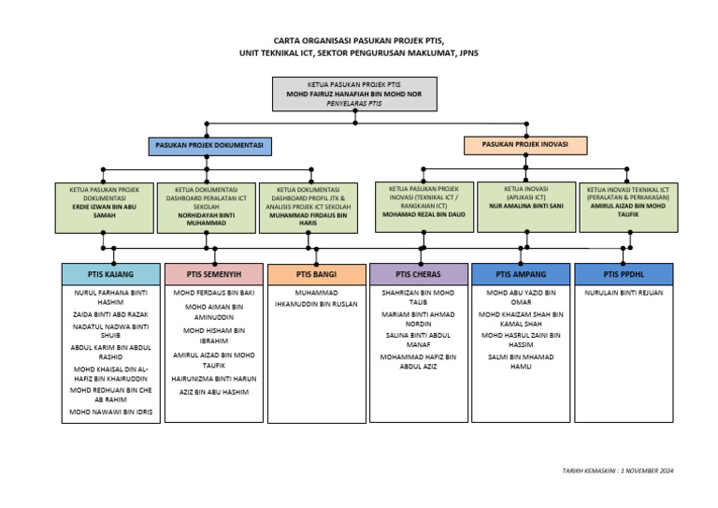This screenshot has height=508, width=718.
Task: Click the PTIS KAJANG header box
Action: pos(111,274)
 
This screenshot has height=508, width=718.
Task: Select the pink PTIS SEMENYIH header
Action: pos(214,274)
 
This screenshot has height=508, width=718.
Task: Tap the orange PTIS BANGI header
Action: pos(317,274)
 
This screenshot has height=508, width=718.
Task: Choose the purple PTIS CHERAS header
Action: pos(418,274)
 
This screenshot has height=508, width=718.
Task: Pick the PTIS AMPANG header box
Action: pos(520,274)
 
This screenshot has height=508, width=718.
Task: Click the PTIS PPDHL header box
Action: pos(623,274)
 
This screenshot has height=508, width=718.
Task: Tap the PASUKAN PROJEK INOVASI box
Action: pos(525,145)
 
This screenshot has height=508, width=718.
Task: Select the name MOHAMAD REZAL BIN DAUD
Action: pos(424,213)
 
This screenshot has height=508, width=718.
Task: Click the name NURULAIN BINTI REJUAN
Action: pos(623,293)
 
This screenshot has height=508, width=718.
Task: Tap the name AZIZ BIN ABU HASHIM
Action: pos(214,392)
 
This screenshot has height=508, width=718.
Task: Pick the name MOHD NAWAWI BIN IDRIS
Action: pos(111,412)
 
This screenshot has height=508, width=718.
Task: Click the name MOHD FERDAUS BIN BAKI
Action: pos(214,293)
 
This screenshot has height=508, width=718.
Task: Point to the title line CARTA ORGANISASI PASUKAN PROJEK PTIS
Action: pos(359,41)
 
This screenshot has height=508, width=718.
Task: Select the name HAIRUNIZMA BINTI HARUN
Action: pos(214,379)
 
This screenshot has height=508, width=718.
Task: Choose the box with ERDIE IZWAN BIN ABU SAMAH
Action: pos(104,206)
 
